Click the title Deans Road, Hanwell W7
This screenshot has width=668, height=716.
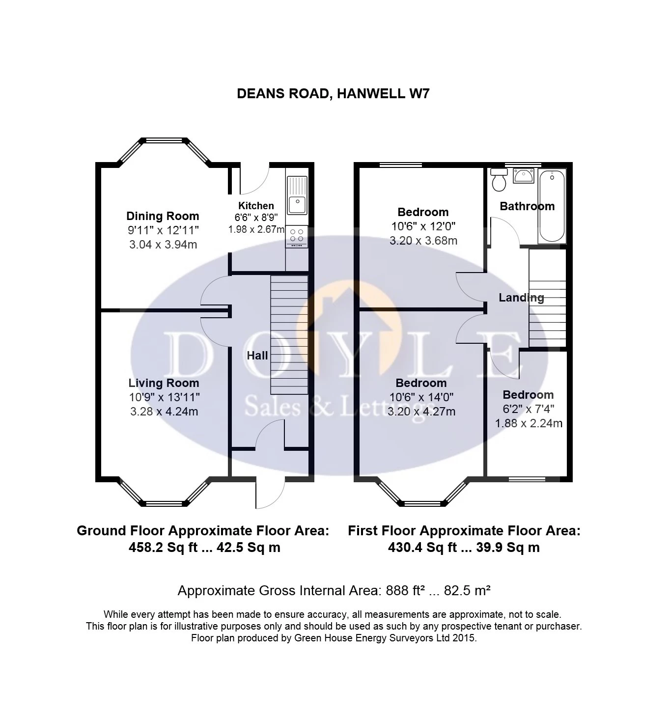333,94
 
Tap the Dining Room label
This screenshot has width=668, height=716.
163,216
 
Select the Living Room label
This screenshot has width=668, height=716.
164,383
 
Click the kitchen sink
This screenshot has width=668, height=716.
297,196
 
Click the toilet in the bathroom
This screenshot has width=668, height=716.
499,180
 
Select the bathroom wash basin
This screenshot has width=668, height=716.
524,175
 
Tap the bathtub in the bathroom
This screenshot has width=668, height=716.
552,206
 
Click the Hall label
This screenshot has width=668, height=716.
257,356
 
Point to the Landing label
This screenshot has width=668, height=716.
521,298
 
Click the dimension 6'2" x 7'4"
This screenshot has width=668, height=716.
528,409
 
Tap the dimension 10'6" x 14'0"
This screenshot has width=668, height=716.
421,397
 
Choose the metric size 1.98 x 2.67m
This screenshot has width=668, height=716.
256,229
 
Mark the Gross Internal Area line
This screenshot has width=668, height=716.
334,590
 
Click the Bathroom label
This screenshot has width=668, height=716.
527,206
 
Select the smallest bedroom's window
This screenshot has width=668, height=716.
527,479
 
